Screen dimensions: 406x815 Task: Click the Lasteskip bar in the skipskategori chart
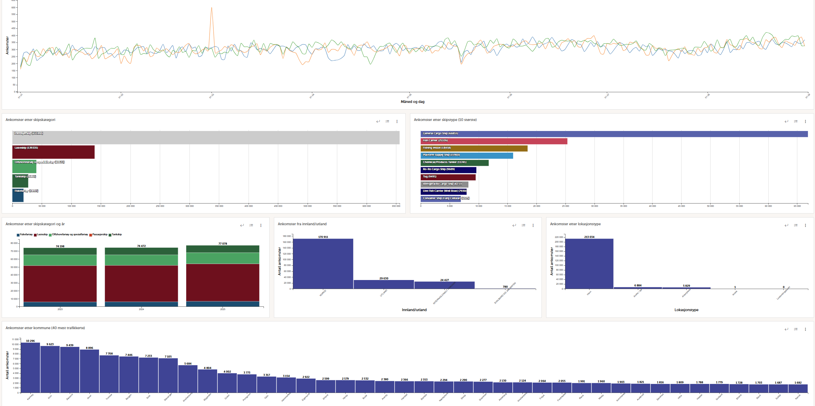(x=53, y=152)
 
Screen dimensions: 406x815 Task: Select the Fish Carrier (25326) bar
(x=494, y=141)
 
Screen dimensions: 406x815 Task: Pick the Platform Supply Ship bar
(x=467, y=155)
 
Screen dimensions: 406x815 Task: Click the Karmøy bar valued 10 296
(x=30, y=368)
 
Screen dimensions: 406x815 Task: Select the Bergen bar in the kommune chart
(x=129, y=374)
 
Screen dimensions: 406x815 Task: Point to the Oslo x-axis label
(x=266, y=397)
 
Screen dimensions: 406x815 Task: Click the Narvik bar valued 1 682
(x=798, y=388)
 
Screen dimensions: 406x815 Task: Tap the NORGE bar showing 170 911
(x=323, y=264)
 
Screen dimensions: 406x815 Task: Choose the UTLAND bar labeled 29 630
(x=384, y=284)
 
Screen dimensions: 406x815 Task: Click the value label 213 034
(x=589, y=237)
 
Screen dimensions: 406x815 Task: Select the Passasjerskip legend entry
(x=99, y=235)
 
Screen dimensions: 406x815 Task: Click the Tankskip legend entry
(x=116, y=235)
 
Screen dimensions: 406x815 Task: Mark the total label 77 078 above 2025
(x=223, y=244)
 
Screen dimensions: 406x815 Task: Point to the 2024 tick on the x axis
(x=141, y=309)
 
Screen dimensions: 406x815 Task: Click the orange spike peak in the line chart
(x=212, y=8)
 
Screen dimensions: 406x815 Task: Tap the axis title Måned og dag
(x=413, y=102)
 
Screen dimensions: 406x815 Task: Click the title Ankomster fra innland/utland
(x=302, y=224)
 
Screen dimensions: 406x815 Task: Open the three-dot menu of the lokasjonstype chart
(x=805, y=225)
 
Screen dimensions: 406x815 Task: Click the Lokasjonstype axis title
(x=686, y=310)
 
